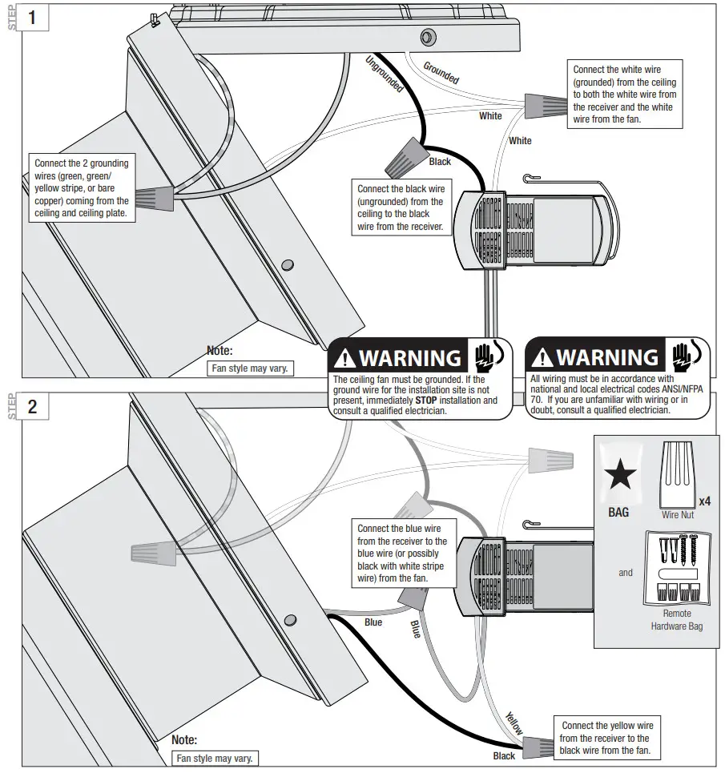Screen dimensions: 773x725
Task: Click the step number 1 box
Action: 33,17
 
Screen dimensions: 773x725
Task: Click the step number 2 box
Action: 33,405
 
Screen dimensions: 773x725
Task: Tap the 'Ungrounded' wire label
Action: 385,74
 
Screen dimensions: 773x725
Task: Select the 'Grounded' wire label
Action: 441,73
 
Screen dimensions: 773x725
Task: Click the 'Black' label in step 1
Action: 441,161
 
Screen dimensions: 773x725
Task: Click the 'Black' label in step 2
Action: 504,755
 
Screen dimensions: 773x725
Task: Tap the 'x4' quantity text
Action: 705,501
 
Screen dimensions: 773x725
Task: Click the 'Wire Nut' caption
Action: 677,515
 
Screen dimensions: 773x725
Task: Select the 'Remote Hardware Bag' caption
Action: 677,620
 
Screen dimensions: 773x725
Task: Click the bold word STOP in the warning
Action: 427,400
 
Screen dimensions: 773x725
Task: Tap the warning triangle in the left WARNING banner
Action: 345,358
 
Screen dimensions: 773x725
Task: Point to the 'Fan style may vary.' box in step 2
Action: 216,758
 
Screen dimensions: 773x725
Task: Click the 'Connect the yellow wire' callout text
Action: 606,738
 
